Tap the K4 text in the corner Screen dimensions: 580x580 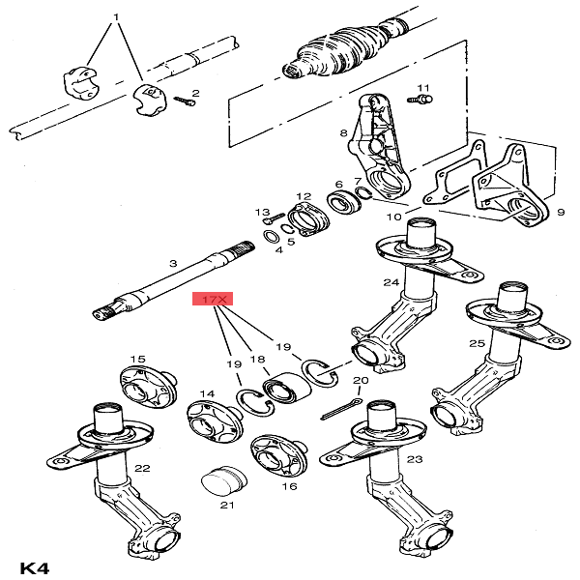coord(35,566)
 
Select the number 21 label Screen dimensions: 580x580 coord(227,506)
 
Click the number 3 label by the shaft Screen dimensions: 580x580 coord(173,263)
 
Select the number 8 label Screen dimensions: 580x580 coord(343,132)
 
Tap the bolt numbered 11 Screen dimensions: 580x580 coord(423,97)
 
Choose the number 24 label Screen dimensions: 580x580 coord(390,282)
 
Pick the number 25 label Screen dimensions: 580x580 coord(477,344)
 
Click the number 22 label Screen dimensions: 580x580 coord(142,468)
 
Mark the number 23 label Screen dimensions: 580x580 coord(414,460)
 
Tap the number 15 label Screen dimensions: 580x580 coord(138,359)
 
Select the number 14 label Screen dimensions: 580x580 coord(207,393)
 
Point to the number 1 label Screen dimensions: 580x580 coord(117,18)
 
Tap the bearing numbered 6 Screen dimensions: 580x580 coord(341,204)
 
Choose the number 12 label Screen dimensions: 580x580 coord(304,195)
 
